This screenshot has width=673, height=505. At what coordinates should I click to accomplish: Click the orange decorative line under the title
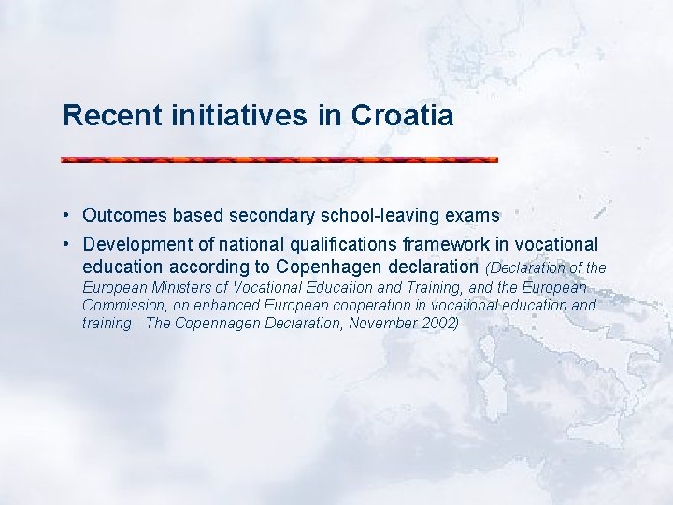click(x=279, y=160)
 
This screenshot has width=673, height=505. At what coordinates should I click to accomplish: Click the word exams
click(x=473, y=216)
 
